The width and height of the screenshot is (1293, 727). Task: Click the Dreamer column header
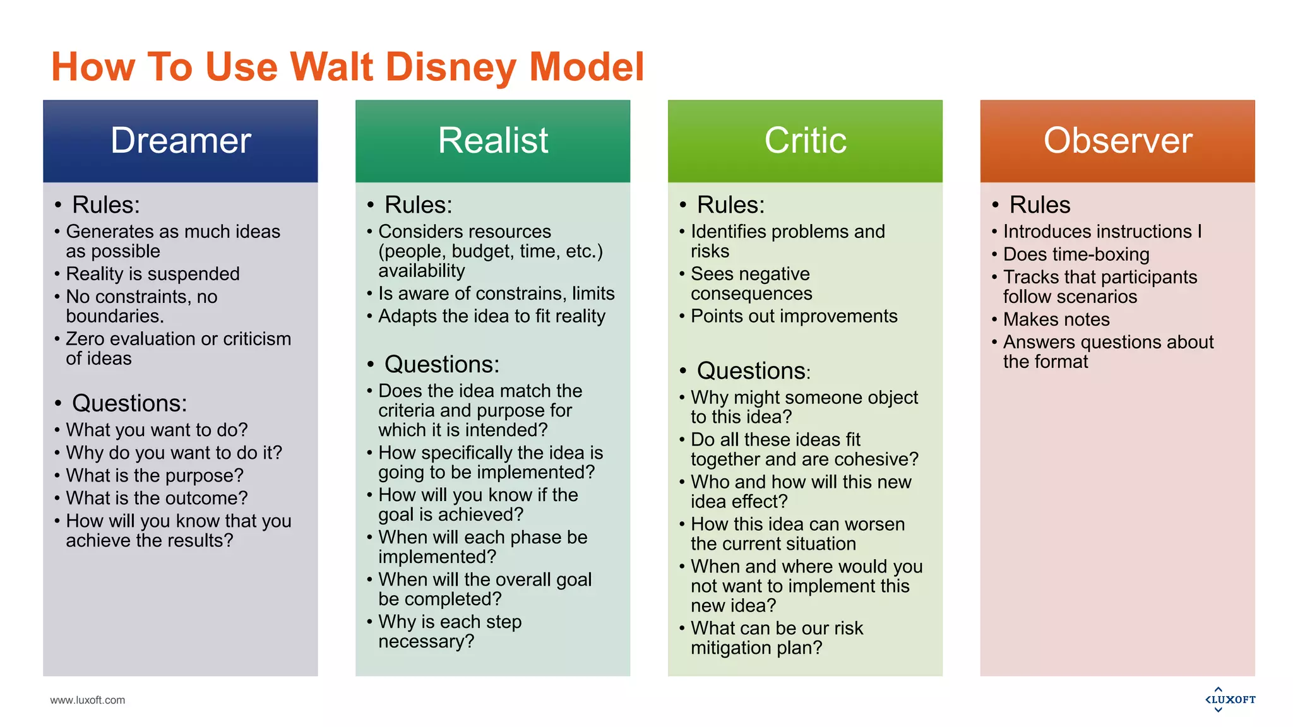(181, 141)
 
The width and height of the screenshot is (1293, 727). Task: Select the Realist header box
(492, 141)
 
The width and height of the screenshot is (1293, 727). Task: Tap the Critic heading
(805, 141)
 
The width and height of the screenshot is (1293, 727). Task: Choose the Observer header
(1117, 141)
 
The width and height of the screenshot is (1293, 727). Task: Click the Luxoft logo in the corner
(1230, 699)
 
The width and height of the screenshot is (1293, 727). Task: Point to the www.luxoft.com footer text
(88, 700)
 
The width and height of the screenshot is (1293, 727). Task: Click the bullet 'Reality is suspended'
(153, 274)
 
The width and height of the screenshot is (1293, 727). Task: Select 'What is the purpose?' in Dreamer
(155, 475)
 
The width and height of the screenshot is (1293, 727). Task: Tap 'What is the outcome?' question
(157, 498)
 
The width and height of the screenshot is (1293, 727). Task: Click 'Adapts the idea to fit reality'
(491, 316)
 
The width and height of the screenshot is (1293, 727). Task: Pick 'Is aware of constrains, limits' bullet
(496, 293)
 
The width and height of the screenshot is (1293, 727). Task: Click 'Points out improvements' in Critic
(794, 316)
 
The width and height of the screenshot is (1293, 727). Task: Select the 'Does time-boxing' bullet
(1076, 254)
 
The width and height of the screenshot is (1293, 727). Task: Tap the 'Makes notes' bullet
(1056, 319)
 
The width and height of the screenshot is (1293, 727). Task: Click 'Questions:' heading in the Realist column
(441, 365)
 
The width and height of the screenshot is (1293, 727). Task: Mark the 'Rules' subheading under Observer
(1039, 205)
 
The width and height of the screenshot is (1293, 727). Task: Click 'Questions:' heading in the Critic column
(753, 371)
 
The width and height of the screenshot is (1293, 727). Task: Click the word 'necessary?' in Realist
(426, 642)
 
